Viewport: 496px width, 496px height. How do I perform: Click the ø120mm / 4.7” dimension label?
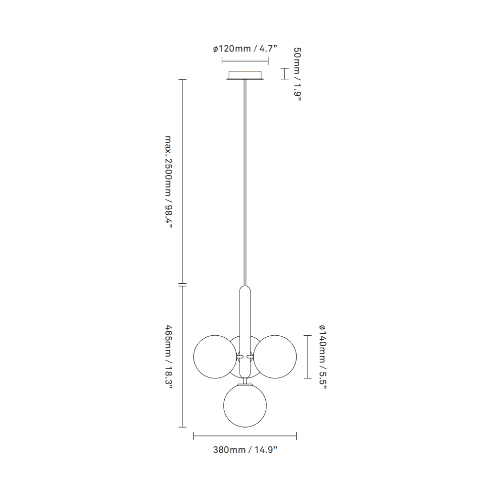coord(245,49)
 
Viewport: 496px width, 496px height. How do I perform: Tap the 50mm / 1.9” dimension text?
coord(297,74)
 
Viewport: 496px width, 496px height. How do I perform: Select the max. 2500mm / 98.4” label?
coord(169,182)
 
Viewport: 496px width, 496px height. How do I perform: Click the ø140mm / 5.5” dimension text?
coord(322,357)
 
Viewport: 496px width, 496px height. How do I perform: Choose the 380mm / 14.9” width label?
coord(245,450)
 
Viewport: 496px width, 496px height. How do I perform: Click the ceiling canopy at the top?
coord(245,75)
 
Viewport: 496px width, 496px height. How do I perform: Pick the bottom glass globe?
coord(245,406)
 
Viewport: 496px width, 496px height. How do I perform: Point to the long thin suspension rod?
coord(245,184)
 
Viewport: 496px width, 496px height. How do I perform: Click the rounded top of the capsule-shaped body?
coord(245,290)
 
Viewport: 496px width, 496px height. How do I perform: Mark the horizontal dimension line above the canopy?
coord(245,61)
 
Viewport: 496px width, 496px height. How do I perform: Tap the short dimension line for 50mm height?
coord(284,74)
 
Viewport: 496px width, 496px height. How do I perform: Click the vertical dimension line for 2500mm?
coord(183,182)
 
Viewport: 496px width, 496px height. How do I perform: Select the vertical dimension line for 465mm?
coord(183,357)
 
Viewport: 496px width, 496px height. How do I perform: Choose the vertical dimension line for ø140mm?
coord(309,357)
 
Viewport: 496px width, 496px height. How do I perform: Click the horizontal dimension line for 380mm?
coord(245,436)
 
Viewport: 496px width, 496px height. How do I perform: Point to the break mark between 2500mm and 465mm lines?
coord(183,285)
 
